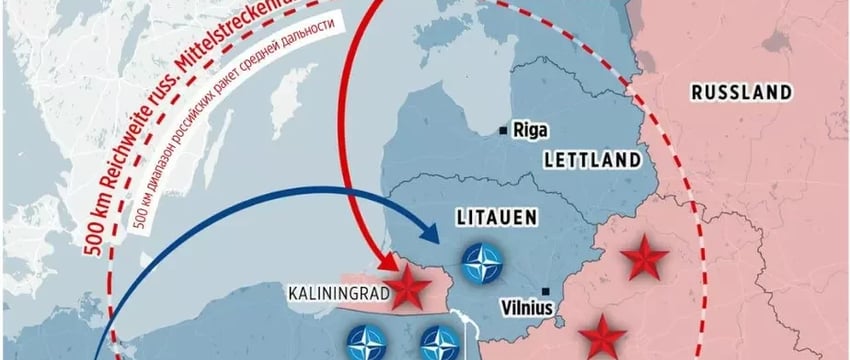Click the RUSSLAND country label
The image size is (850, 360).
pos(742,93)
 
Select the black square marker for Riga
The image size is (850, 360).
pos(504,129)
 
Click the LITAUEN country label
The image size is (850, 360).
pos(491,216)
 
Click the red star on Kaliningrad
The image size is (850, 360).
pos(409,290)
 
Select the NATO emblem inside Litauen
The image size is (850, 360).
pos(483,264)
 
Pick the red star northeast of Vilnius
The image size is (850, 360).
pos(643,260)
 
